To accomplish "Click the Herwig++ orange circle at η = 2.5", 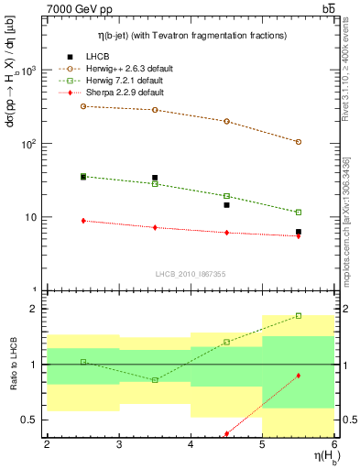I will coord(83,106).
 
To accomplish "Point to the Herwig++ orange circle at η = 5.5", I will coord(299,142).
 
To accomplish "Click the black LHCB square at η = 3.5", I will coord(155,178).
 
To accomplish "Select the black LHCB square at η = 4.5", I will coord(226,205).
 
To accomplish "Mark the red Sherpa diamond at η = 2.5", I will coord(83,221).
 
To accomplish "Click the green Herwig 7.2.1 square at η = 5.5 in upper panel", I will coord(299,213).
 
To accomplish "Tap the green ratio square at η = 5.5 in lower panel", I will coord(299,316).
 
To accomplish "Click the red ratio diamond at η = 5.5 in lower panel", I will coord(299,376).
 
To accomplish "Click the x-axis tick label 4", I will coord(191,444).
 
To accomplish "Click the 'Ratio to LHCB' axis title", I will coord(12,366).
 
